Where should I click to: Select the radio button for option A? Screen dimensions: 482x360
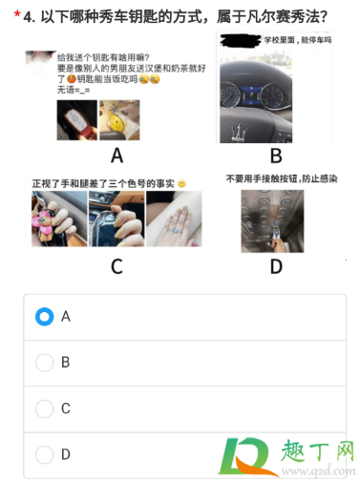click(x=44, y=316)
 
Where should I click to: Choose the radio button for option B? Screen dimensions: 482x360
click(x=44, y=362)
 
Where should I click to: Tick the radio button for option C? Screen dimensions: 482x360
click(x=44, y=409)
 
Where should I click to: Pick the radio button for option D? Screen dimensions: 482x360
click(x=44, y=454)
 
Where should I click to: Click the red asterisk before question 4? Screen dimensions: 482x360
click(x=17, y=16)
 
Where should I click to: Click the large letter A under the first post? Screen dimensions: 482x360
click(x=117, y=155)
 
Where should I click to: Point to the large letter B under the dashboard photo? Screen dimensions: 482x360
click(x=276, y=156)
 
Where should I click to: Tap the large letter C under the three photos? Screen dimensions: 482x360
click(x=116, y=266)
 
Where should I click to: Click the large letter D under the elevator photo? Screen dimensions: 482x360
click(x=276, y=266)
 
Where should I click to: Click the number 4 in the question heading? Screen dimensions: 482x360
click(x=30, y=16)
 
